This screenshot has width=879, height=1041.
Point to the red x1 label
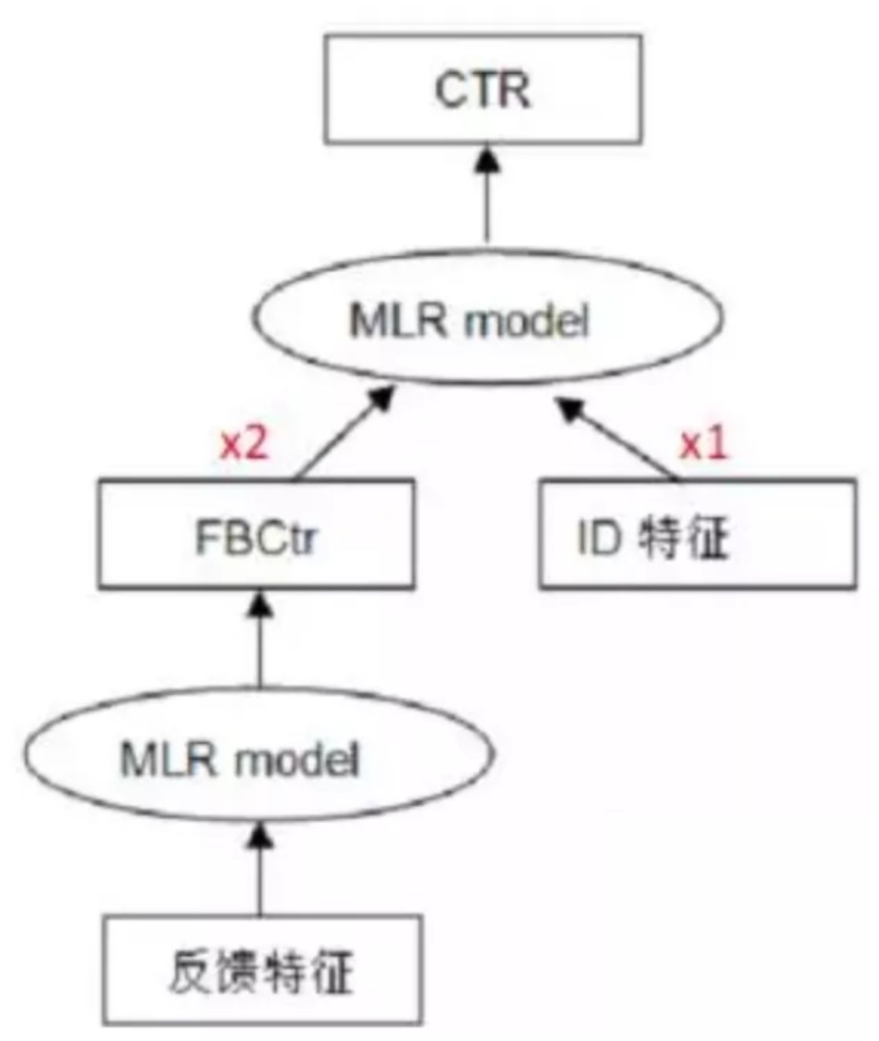[704, 445]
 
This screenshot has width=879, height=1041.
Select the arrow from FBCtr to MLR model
[343, 433]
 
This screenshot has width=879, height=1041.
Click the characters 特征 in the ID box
[683, 539]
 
